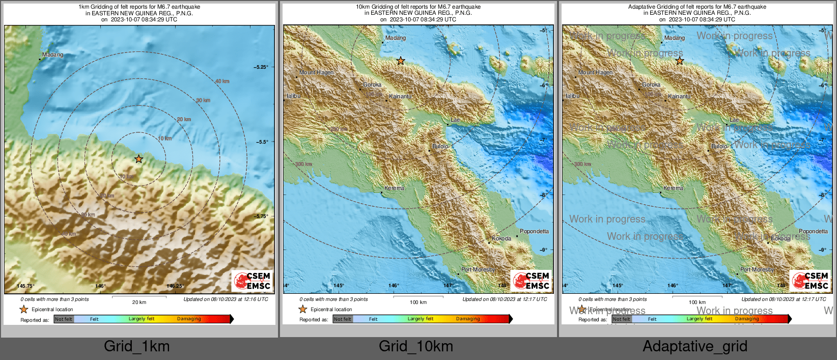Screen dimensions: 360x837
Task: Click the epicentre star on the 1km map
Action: (138, 159)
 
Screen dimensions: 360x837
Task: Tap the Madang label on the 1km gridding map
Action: (52, 54)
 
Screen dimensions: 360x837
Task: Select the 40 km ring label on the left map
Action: (222, 81)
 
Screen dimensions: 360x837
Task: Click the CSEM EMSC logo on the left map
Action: (253, 281)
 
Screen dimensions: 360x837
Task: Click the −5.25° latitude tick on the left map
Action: (261, 67)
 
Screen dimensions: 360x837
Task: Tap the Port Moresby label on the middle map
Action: (478, 269)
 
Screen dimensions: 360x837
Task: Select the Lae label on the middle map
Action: (455, 120)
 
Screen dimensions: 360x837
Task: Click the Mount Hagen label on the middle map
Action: (316, 72)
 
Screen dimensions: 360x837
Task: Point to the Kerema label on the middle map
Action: (394, 188)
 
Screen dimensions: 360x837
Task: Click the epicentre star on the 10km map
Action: (401, 61)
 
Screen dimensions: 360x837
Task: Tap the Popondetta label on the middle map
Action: (534, 231)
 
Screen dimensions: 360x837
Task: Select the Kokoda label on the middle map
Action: (501, 238)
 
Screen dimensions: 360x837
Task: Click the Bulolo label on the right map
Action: (719, 146)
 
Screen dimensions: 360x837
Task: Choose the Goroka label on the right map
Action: (651, 85)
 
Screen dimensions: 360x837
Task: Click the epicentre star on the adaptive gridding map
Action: (680, 61)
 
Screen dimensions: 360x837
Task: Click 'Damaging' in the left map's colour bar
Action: (189, 319)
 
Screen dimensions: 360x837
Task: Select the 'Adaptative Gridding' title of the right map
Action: (697, 7)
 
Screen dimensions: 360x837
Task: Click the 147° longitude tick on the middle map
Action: (448, 286)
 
